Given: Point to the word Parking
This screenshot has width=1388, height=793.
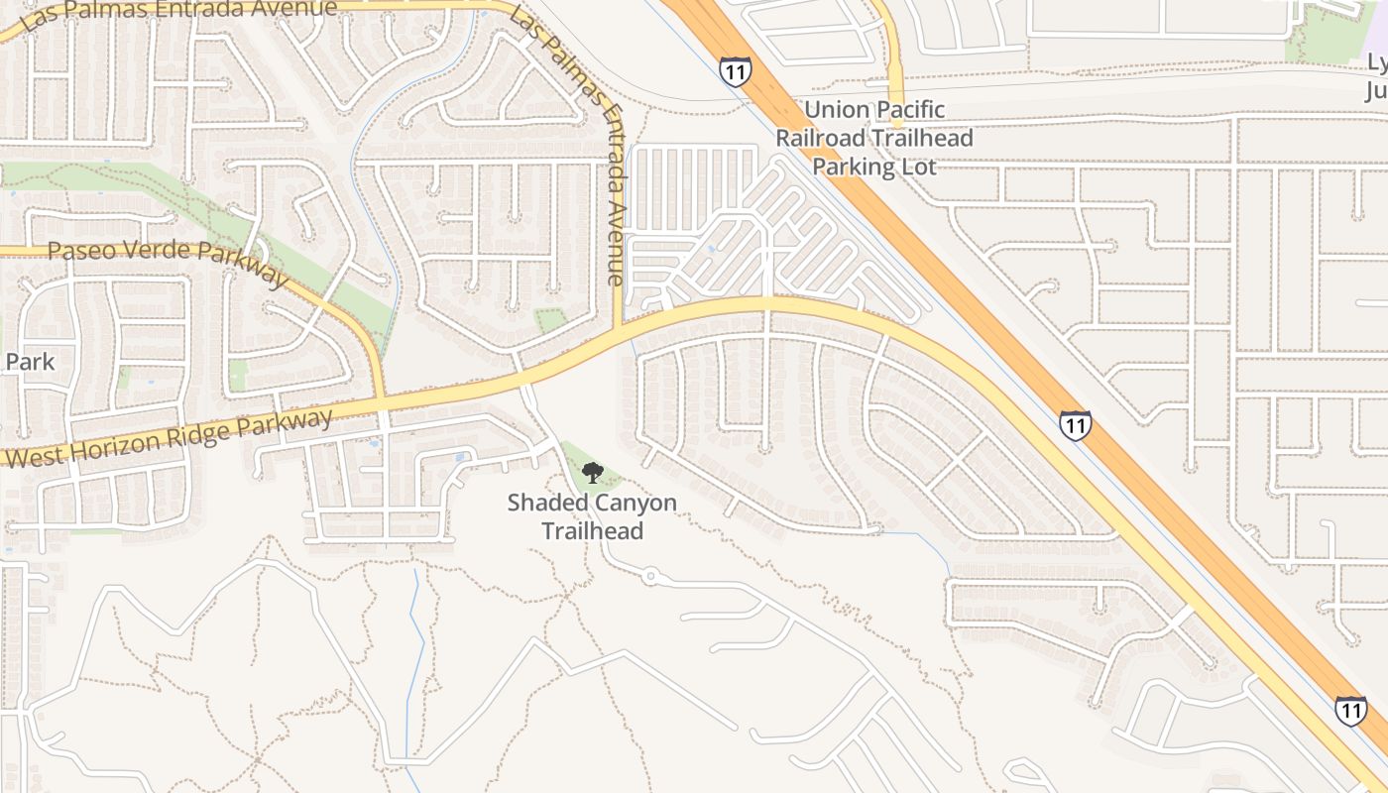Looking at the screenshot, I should pyautogui.click(x=854, y=166).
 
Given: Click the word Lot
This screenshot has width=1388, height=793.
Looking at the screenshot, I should pyautogui.click(x=917, y=166).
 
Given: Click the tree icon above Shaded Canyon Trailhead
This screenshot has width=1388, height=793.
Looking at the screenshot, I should pyautogui.click(x=592, y=473).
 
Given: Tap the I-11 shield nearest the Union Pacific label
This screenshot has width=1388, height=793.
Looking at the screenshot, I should pyautogui.click(x=735, y=71).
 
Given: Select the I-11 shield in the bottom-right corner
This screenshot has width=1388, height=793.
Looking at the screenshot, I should pyautogui.click(x=1350, y=710).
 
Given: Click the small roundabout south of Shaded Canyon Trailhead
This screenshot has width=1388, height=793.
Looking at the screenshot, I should pyautogui.click(x=649, y=575).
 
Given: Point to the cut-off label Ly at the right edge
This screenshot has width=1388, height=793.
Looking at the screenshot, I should pyautogui.click(x=1377, y=62).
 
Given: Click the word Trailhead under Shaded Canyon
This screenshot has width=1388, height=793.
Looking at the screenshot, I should pyautogui.click(x=592, y=530).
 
